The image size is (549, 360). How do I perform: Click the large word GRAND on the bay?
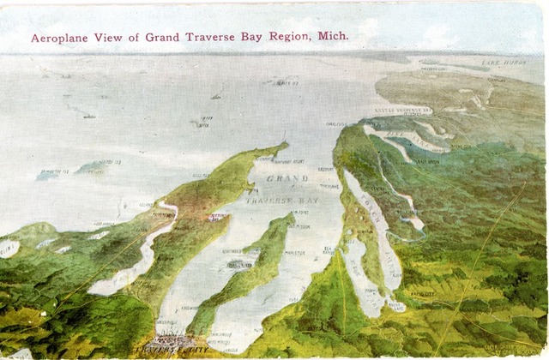(287, 177)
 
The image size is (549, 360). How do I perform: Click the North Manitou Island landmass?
(93, 166)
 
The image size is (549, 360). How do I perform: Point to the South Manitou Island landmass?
(47, 175)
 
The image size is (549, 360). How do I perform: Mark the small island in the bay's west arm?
(240, 265)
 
